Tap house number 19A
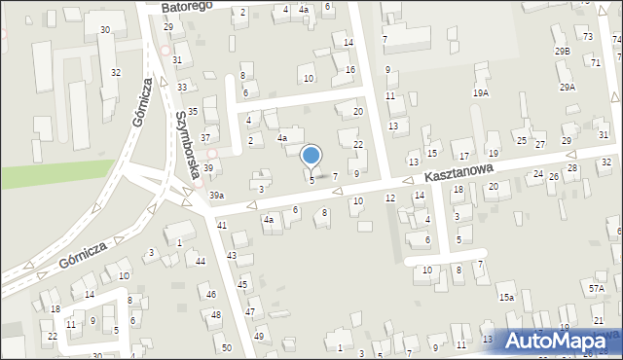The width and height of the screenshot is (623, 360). (x=480, y=92)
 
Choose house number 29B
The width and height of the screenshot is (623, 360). (x=562, y=51)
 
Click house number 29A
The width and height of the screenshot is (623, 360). (x=568, y=88)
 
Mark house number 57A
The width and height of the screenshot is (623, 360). (x=596, y=288)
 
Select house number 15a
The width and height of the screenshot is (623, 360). (x=506, y=297)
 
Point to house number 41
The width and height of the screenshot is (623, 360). (x=222, y=226)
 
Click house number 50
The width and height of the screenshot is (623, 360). (x=226, y=347)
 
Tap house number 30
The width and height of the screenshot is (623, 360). (x=104, y=30)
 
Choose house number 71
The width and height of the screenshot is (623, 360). (x=595, y=61)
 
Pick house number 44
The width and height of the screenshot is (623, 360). (x=200, y=262)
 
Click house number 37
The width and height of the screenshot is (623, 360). (x=205, y=138)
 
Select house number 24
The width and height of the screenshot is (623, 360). (x=537, y=174)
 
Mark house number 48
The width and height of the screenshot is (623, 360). (x=215, y=314)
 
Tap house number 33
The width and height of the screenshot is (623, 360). (x=182, y=88)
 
